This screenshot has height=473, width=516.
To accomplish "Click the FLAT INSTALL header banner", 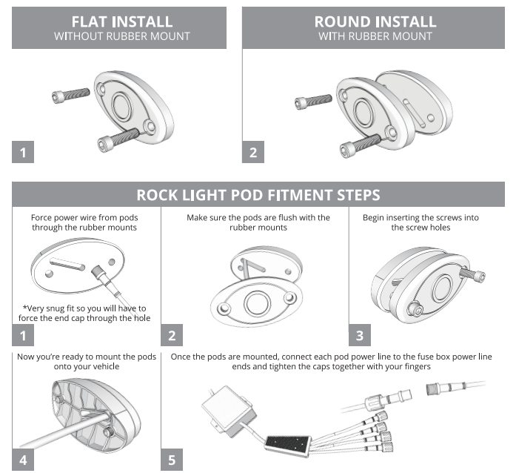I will pyautogui.click(x=123, y=28).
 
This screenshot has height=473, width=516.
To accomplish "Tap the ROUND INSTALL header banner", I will pyautogui.click(x=375, y=28).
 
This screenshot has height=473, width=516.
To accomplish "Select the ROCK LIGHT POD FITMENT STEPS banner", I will pyautogui.click(x=258, y=195).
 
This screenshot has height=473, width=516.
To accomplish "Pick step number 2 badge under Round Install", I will pyautogui.click(x=253, y=153).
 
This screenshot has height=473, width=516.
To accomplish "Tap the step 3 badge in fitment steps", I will pyautogui.click(x=360, y=335).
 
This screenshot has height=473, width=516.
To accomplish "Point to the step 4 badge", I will pyautogui.click(x=24, y=460).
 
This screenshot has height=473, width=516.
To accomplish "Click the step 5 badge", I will pyautogui.click(x=172, y=460).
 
